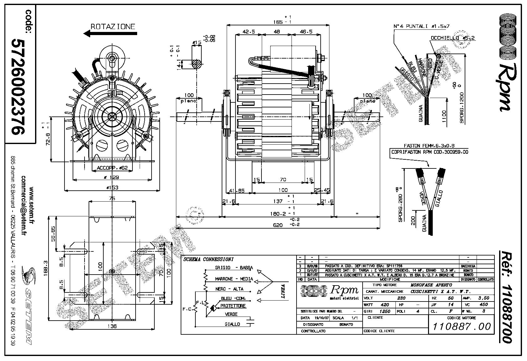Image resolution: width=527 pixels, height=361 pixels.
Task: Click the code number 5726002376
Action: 18,87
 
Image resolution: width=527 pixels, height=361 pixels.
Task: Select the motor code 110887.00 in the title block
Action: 462,327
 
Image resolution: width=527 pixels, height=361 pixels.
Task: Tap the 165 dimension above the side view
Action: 278,22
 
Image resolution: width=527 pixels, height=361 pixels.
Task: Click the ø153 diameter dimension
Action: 112,188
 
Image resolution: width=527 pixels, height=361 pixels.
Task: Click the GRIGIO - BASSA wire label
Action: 234,268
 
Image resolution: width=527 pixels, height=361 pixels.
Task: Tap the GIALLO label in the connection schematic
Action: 232,324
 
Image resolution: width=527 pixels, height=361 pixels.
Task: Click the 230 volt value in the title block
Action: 401,298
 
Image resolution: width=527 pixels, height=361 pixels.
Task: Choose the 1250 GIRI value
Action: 384,312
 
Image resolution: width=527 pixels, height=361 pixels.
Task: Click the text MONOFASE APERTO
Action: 431,285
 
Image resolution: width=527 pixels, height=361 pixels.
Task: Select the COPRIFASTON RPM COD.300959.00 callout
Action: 430,152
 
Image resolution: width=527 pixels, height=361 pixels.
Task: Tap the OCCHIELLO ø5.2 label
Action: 452,38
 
